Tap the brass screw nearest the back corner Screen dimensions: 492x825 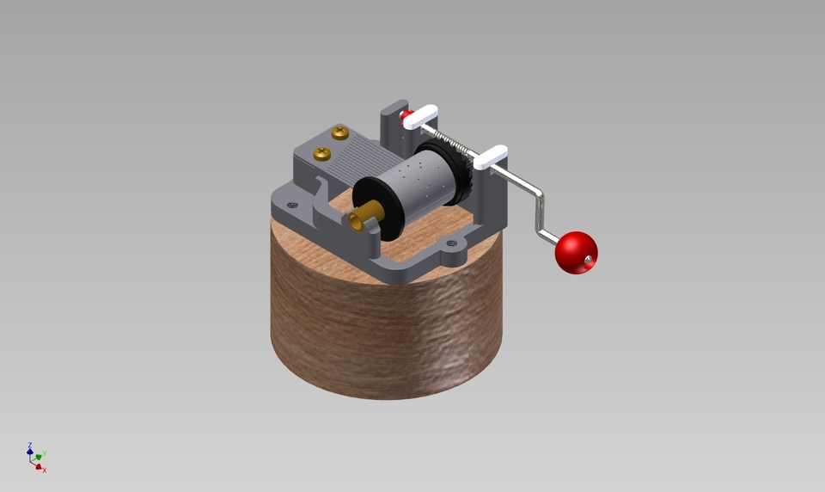(340, 133)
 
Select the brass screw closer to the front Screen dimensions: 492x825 (322, 154)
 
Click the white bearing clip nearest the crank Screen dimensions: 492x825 (490, 157)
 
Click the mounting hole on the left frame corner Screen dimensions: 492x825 (292, 205)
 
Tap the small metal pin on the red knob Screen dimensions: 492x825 (587, 259)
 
